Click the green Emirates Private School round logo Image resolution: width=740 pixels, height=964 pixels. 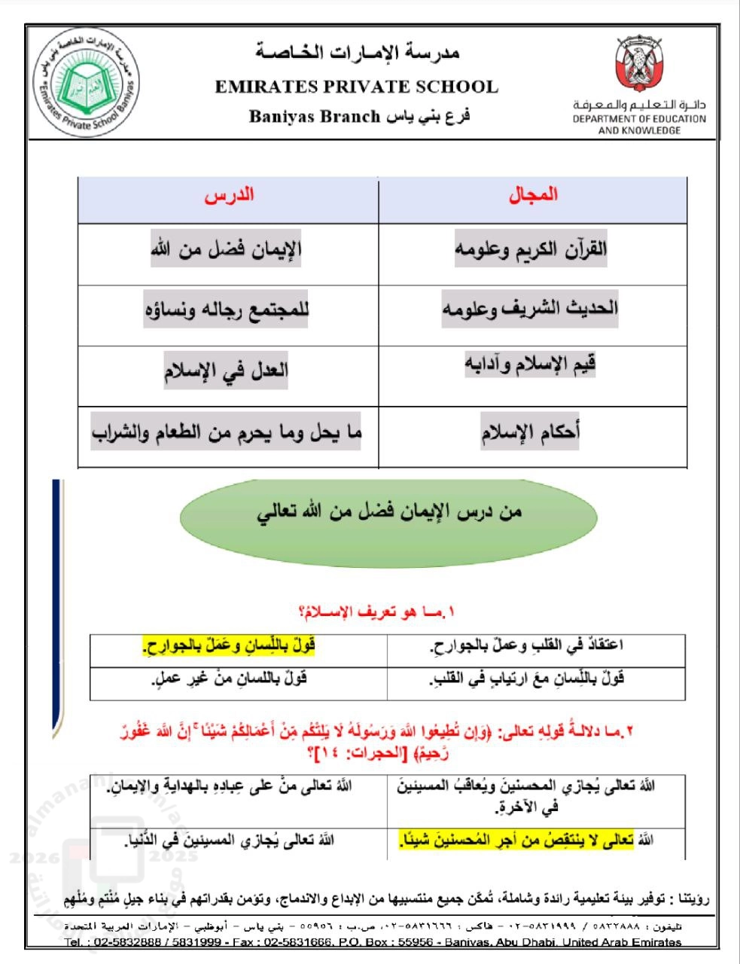(x=88, y=85)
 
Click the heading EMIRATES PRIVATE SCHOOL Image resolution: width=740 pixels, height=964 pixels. (x=356, y=87)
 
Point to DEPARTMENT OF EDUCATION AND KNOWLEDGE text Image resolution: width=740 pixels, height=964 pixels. (x=639, y=124)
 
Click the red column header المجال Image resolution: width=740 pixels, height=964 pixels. (x=533, y=195)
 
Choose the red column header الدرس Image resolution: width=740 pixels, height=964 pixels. (x=229, y=195)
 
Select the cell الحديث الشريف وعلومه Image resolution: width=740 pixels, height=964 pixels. (x=530, y=309)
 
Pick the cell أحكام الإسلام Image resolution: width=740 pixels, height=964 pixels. (x=530, y=432)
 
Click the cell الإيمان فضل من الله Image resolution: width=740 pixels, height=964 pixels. (x=226, y=249)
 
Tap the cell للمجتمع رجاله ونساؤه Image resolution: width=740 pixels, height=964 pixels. (x=227, y=310)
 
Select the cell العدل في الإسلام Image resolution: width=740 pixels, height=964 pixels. (x=226, y=371)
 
